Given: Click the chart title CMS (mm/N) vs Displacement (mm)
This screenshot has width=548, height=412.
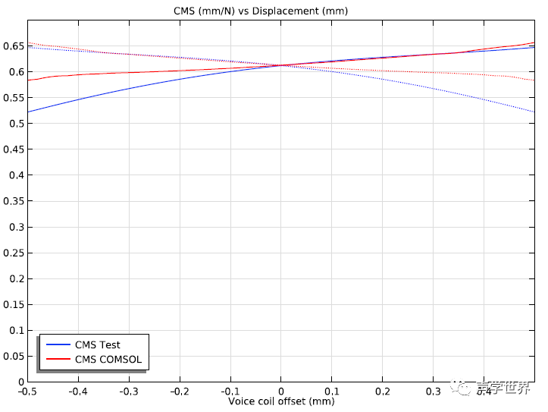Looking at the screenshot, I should click(277, 11).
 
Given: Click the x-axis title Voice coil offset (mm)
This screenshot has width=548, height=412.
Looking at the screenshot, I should click(281, 401).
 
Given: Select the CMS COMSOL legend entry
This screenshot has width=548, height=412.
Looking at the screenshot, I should click(108, 360).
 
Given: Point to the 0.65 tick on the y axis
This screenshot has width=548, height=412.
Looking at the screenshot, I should click(13, 46).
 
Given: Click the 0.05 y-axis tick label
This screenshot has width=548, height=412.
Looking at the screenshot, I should click(13, 356).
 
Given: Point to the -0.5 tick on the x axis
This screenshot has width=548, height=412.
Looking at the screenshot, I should click(28, 391).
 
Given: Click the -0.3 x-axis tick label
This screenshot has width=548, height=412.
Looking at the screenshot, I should click(129, 391).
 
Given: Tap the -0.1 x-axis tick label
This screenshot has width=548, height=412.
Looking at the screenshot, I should click(230, 391).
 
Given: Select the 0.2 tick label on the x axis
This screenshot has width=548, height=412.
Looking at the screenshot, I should click(383, 391).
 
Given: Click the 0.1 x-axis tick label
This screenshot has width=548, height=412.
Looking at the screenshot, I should click(332, 391).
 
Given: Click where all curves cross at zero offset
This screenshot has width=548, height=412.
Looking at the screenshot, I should click(281, 65).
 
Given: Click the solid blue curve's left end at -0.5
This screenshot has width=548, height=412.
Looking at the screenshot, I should click(28, 112).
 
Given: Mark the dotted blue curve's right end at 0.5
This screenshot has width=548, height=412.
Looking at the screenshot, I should click(534, 112).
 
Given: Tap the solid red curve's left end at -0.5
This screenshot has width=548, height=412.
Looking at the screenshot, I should click(28, 80).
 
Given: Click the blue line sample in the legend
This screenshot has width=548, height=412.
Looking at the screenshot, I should click(58, 344).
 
